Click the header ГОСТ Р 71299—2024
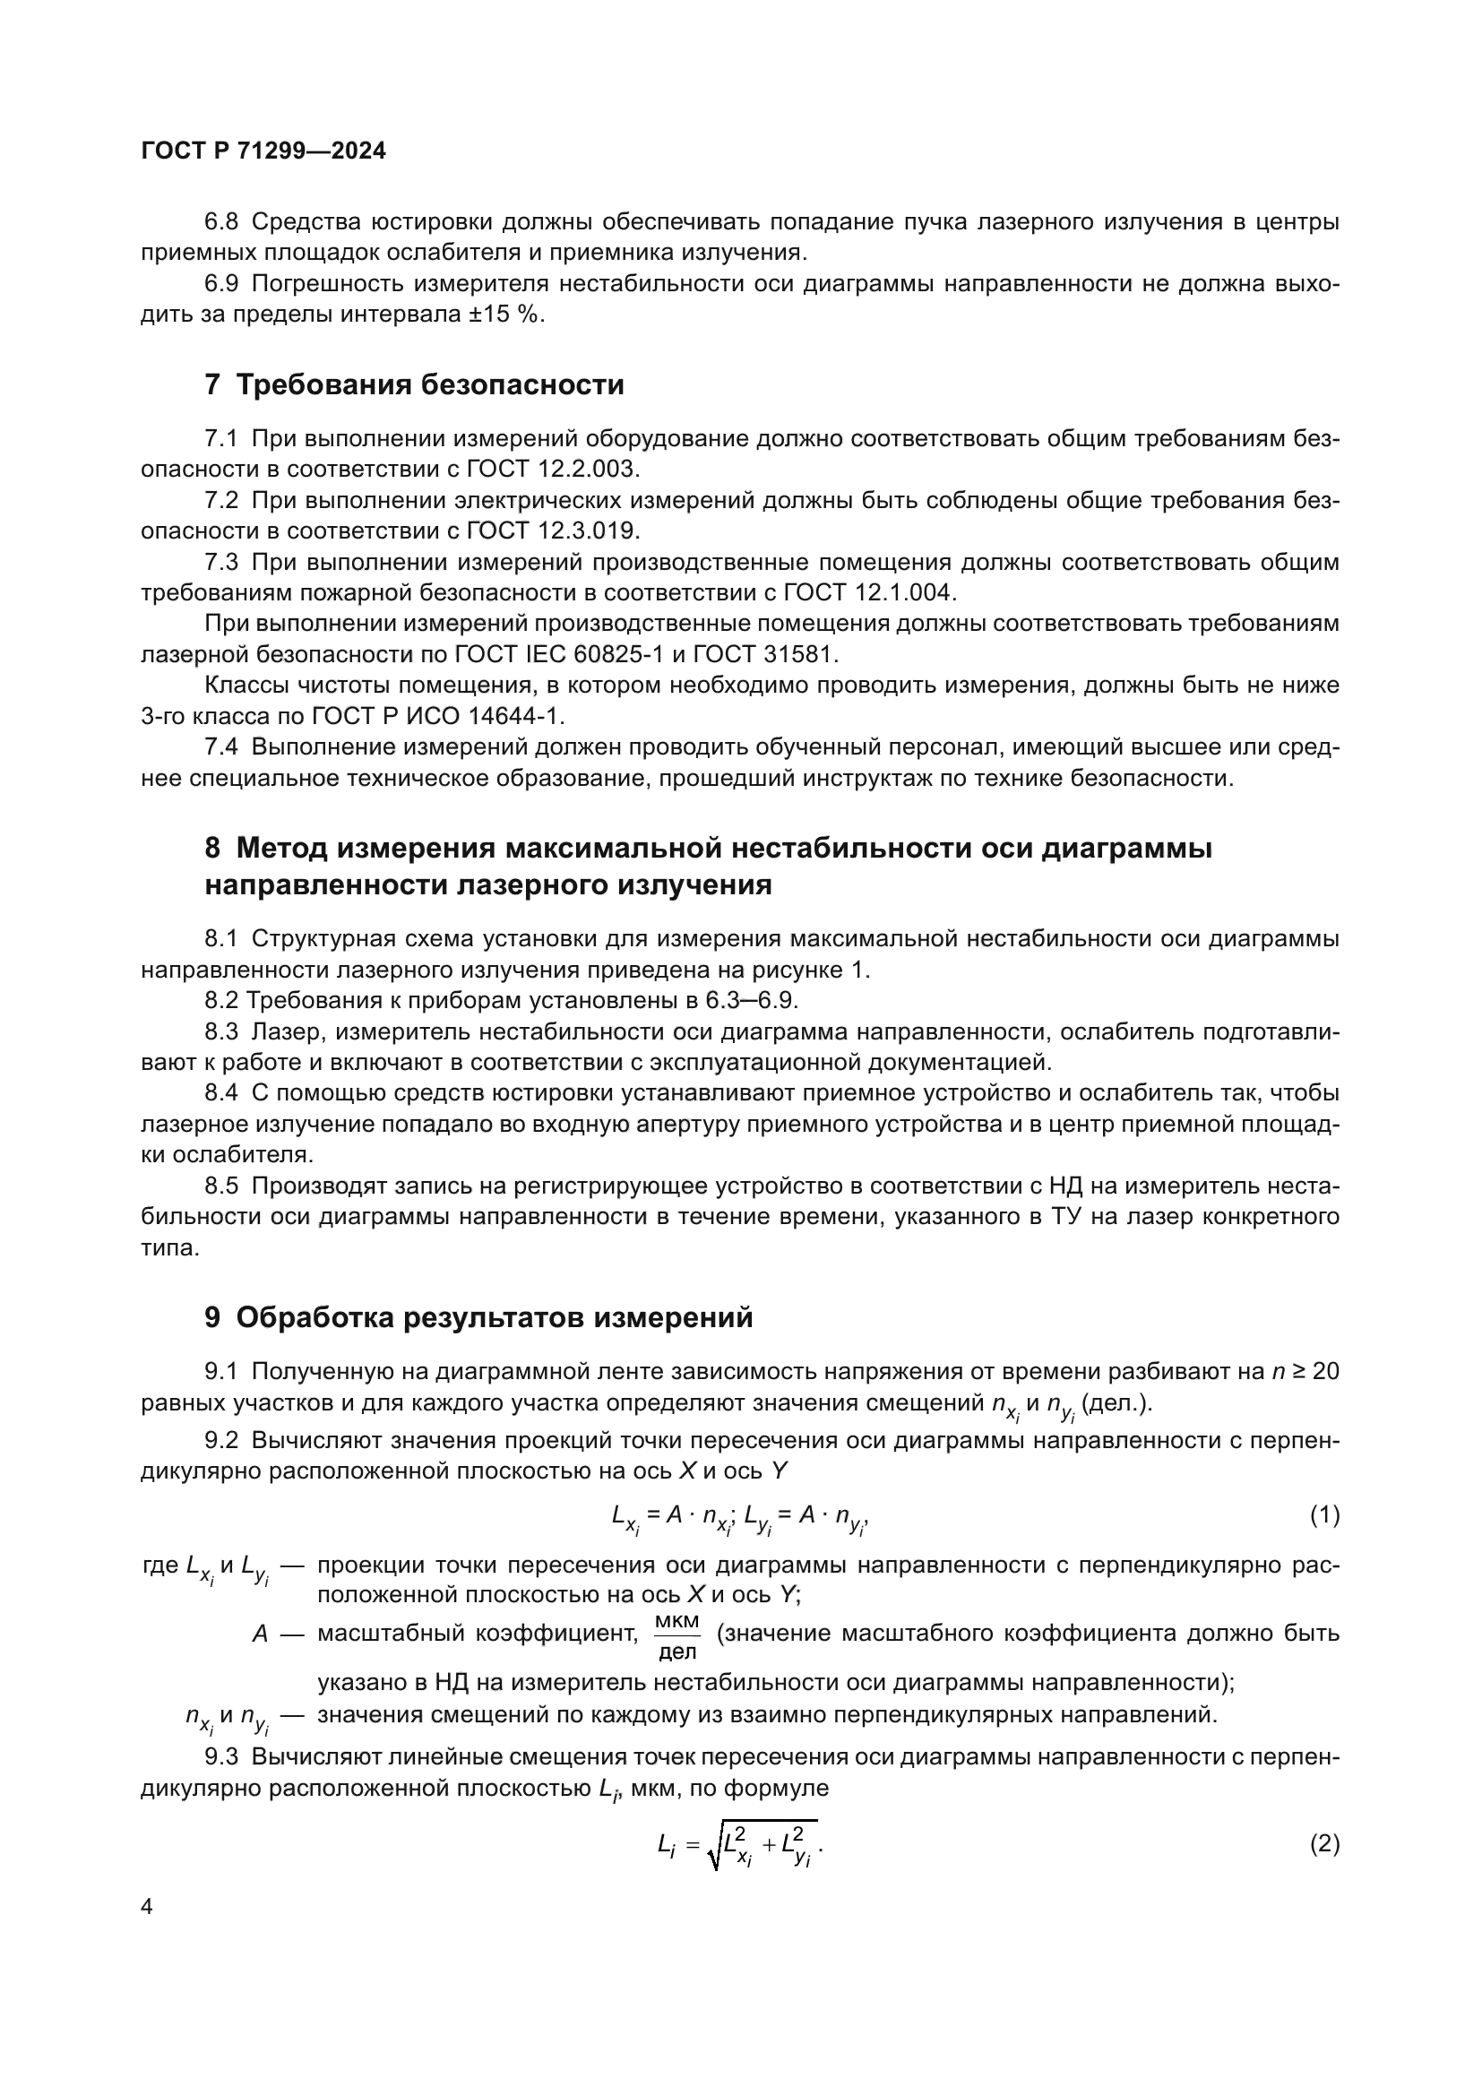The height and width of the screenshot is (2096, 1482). (263, 151)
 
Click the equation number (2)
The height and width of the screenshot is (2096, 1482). (1324, 1844)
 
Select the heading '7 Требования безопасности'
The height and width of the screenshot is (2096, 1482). (414, 384)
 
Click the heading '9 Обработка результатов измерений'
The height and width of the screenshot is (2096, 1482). (479, 1317)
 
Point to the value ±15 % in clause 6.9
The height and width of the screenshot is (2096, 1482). (502, 315)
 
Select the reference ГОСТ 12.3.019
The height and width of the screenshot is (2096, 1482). (553, 530)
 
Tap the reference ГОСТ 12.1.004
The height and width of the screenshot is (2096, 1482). (870, 592)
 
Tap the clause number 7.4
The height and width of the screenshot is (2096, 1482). (221, 746)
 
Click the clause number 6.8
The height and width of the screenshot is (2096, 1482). (221, 222)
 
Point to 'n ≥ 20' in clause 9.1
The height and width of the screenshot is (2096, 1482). (1304, 1371)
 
